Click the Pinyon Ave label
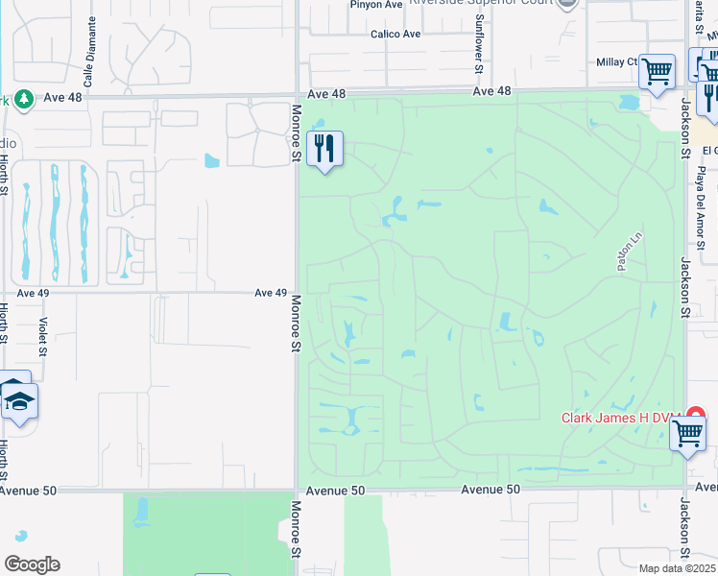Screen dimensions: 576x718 (375, 5)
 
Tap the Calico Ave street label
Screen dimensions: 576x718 (395, 35)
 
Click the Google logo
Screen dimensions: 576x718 (32, 564)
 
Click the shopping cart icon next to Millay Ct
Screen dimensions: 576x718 (658, 71)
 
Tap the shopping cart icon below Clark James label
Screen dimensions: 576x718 (687, 432)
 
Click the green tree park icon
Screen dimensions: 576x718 (24, 98)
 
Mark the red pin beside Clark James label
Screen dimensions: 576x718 (696, 416)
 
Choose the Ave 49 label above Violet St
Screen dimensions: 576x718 (33, 293)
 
